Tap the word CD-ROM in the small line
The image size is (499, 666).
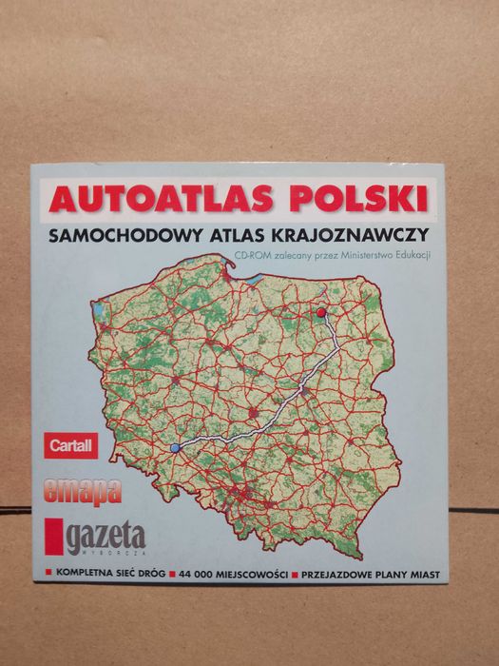point(254,255)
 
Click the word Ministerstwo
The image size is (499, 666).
point(370,255)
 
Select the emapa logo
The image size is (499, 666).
point(83,492)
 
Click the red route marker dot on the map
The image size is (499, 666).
point(321,312)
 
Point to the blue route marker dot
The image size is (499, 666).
point(174,447)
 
